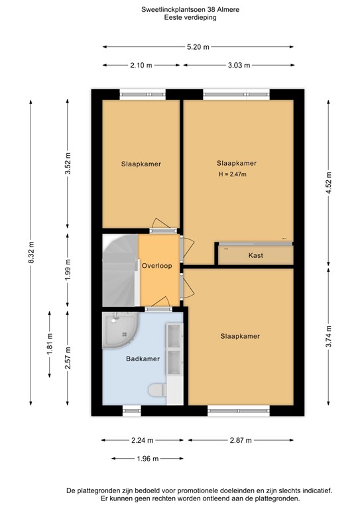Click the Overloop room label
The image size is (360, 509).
pyautogui.click(x=157, y=266)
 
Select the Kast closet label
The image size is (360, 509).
pyautogui.click(x=257, y=255)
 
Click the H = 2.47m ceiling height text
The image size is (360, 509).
pyautogui.click(x=232, y=175)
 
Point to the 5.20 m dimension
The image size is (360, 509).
pyautogui.click(x=197, y=46)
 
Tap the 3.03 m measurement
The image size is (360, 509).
pyautogui.click(x=238, y=64)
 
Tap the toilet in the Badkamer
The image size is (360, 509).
pyautogui.click(x=156, y=392)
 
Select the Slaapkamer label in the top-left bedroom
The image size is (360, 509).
pyautogui.click(x=141, y=164)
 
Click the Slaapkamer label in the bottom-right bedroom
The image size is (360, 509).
pyautogui.click(x=240, y=336)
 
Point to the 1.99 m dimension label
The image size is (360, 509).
pyautogui.click(x=68, y=270)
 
